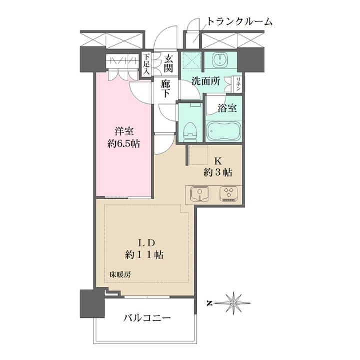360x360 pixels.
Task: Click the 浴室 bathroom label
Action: pyautogui.click(x=227, y=107)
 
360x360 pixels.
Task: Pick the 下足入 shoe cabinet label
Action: pyautogui.click(x=146, y=64)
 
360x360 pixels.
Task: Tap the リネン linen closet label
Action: pyautogui.click(x=239, y=83)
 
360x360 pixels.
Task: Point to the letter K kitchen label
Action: pyautogui.click(x=218, y=161)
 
